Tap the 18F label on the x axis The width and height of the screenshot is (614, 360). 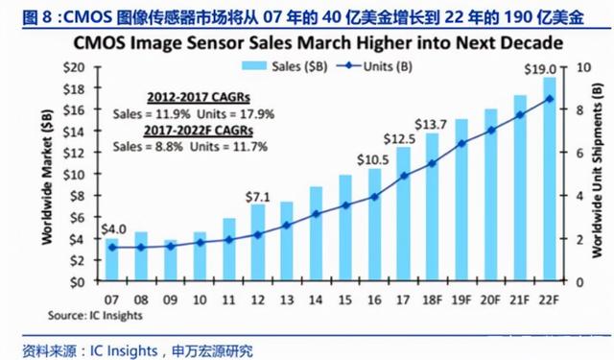click(433, 299)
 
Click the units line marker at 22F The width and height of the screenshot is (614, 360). click(549, 99)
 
